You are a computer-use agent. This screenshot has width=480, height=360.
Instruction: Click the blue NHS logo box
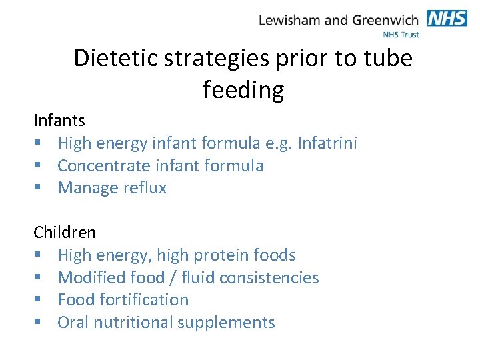coord(447,18)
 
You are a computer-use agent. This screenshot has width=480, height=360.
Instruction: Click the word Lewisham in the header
coord(289,20)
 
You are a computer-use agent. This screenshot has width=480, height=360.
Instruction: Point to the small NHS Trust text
coord(401,34)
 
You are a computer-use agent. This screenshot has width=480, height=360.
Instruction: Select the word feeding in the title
coord(243,89)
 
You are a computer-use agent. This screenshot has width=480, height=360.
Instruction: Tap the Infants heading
coord(59,121)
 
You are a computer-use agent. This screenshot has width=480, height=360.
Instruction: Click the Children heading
coord(65,233)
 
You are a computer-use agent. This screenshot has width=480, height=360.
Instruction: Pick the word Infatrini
coord(327,143)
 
